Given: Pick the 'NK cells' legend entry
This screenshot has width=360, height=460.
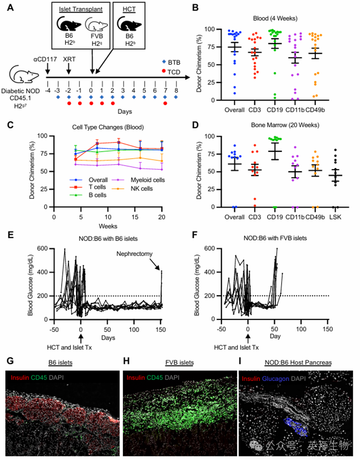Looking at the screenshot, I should pyautogui.click(x=142, y=188).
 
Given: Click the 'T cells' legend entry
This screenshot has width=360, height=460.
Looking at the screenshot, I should pyautogui.click(x=94, y=188).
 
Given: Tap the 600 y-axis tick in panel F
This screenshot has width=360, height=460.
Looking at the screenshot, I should pyautogui.click(x=212, y=249).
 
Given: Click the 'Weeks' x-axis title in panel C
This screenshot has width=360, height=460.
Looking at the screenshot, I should pyautogui.click(x=107, y=226).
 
